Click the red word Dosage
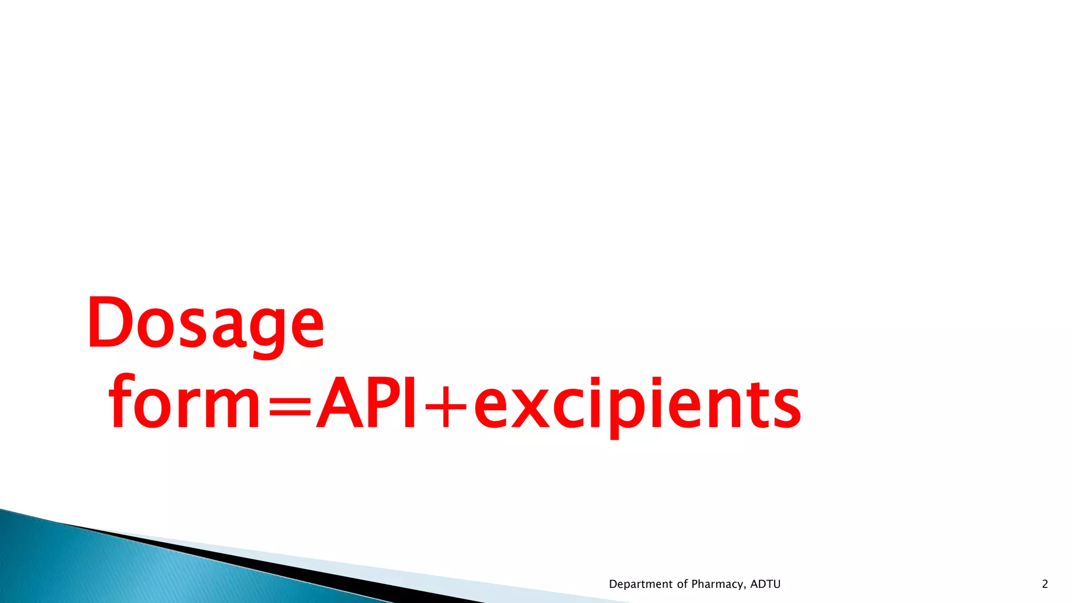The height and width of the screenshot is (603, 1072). click(x=206, y=323)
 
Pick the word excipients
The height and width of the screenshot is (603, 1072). click(x=637, y=406)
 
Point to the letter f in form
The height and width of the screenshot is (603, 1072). click(x=121, y=402)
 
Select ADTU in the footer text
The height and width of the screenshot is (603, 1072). click(x=765, y=584)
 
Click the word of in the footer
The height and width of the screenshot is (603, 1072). click(x=683, y=584)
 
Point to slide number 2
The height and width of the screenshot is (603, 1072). click(x=1045, y=584)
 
